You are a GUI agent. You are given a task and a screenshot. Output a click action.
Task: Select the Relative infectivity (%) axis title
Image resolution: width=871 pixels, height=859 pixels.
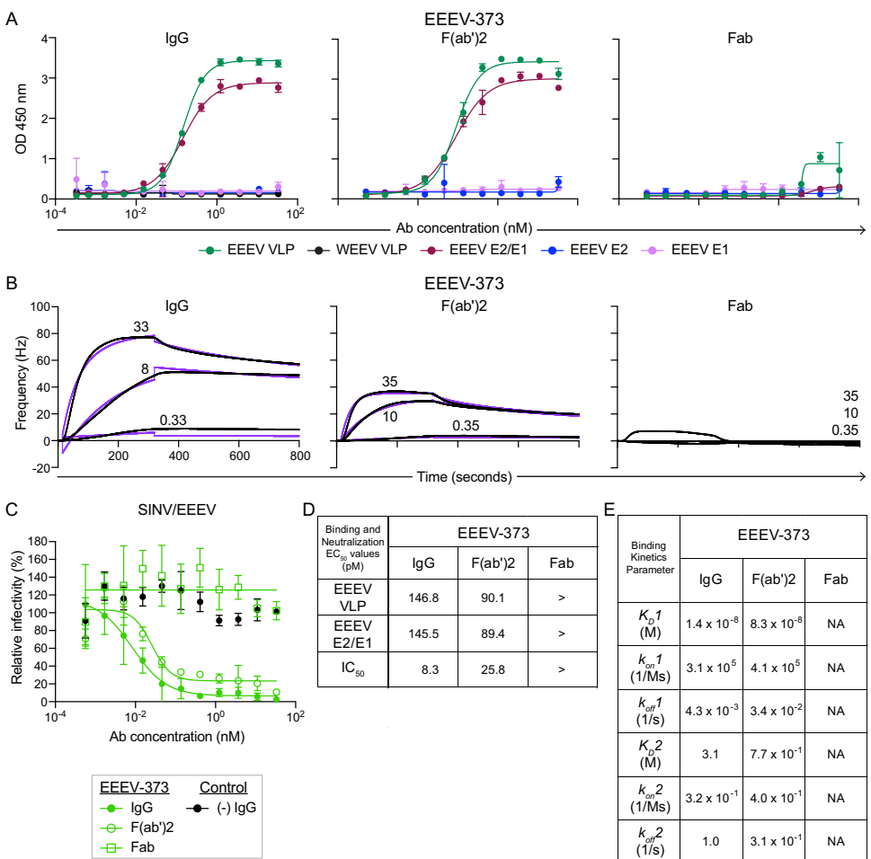[x=18, y=620]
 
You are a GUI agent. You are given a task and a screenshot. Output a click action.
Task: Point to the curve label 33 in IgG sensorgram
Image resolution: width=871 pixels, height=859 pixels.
[x=141, y=328]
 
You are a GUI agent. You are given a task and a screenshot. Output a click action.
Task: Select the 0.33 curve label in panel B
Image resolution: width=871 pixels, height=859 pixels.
[x=173, y=420]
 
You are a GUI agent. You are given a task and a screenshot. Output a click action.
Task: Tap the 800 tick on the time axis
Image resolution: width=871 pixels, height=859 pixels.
[x=299, y=456]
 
